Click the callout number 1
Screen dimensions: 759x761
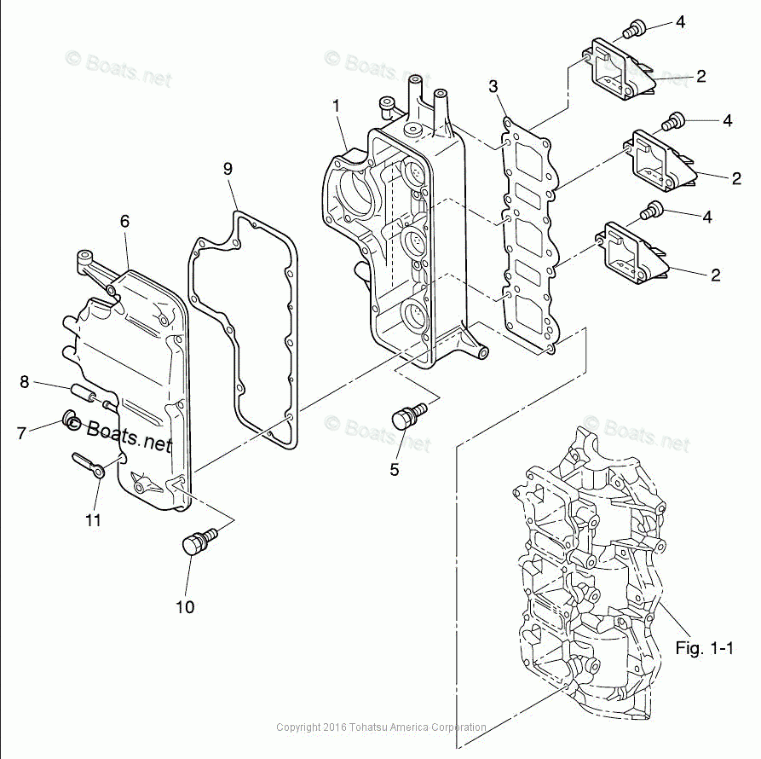(x=336, y=106)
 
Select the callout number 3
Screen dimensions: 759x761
(x=493, y=86)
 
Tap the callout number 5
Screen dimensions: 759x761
(x=395, y=468)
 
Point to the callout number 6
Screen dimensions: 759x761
(x=124, y=221)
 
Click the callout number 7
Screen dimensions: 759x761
(x=21, y=433)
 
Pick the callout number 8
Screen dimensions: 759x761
(x=25, y=382)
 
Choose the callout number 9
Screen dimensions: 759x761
(x=228, y=169)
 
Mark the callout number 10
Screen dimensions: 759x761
(x=185, y=607)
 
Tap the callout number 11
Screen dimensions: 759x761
(x=93, y=519)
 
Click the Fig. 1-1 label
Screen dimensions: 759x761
(x=704, y=648)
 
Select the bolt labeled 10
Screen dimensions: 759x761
(x=199, y=542)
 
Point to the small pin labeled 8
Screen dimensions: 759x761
(x=89, y=395)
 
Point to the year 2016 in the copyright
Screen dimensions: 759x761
(x=337, y=727)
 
